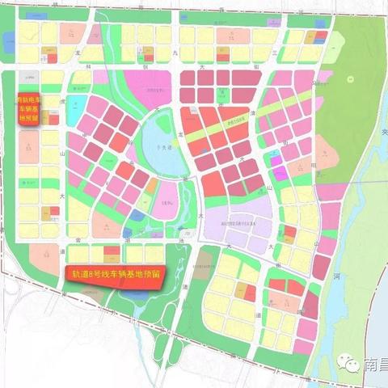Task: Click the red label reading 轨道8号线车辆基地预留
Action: point(114,274)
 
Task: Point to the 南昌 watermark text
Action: point(377,365)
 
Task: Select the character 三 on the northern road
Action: point(276,51)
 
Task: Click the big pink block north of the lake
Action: point(158,85)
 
